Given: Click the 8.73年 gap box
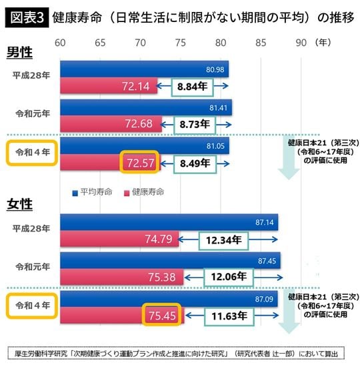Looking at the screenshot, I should [195, 124].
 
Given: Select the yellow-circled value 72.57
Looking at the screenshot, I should [139, 163].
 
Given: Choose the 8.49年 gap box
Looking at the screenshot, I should [195, 163].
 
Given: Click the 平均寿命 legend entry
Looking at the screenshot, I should [94, 192].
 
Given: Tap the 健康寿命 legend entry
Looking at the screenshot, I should [143, 192].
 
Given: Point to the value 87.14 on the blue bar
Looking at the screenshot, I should [264, 222].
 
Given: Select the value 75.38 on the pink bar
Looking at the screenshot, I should [161, 276].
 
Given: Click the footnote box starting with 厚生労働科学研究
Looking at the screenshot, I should [180, 352].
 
